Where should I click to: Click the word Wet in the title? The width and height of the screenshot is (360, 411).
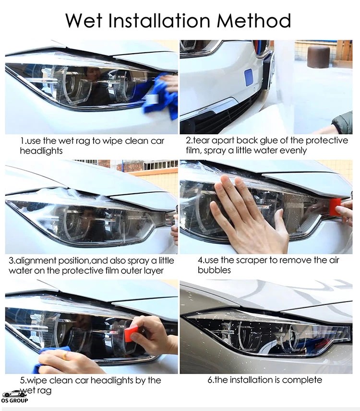(x=84, y=20)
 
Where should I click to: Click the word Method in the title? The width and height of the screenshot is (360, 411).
(x=254, y=20)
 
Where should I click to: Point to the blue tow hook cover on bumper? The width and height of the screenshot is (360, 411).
(x=248, y=77)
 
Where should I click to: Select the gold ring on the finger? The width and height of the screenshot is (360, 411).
(x=64, y=355)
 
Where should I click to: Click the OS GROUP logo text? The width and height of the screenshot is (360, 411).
(x=14, y=400)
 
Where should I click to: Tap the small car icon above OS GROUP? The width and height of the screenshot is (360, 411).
(x=14, y=393)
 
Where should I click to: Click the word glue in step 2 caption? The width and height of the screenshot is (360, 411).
(x=269, y=141)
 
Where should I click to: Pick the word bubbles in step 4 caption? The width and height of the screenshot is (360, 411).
(x=214, y=270)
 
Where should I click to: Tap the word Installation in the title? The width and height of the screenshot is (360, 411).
(x=159, y=20)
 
